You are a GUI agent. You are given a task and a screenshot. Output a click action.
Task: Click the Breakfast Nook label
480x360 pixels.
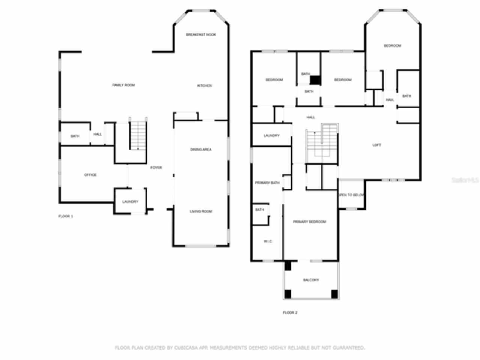[x=201, y=34]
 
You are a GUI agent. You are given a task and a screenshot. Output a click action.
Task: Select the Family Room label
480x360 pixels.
[x=123, y=85]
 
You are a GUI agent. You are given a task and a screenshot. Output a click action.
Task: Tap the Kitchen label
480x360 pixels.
[x=204, y=86]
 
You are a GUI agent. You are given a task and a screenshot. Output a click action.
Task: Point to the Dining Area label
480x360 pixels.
[x=201, y=150]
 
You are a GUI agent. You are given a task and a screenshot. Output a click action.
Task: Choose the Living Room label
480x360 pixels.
[x=201, y=211]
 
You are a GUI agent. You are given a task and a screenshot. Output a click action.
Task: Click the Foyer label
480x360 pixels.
[x=156, y=168]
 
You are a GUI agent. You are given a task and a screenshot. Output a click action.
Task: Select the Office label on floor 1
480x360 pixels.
[x=90, y=175]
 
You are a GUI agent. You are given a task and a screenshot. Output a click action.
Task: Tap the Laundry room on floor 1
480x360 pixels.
[x=130, y=202]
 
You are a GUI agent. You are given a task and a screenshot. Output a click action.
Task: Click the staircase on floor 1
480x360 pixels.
[x=138, y=135]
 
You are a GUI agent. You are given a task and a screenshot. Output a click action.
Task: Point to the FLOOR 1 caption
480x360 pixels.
[x=66, y=216]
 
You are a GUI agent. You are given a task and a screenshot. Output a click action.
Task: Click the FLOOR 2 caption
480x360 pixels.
[x=290, y=312]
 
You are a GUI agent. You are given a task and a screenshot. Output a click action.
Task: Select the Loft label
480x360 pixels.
[x=376, y=145]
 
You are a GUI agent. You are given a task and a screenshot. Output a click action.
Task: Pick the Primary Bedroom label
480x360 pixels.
[x=309, y=222]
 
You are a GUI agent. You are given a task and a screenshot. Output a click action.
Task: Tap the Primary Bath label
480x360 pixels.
[x=267, y=183]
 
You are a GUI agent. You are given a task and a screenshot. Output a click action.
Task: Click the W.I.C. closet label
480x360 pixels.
[x=268, y=241]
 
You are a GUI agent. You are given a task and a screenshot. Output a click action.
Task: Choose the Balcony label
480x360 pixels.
[x=311, y=280]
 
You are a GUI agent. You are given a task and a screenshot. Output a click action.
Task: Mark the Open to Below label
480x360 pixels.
[x=351, y=195]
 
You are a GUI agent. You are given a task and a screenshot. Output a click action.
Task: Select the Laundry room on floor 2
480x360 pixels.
[x=271, y=136]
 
